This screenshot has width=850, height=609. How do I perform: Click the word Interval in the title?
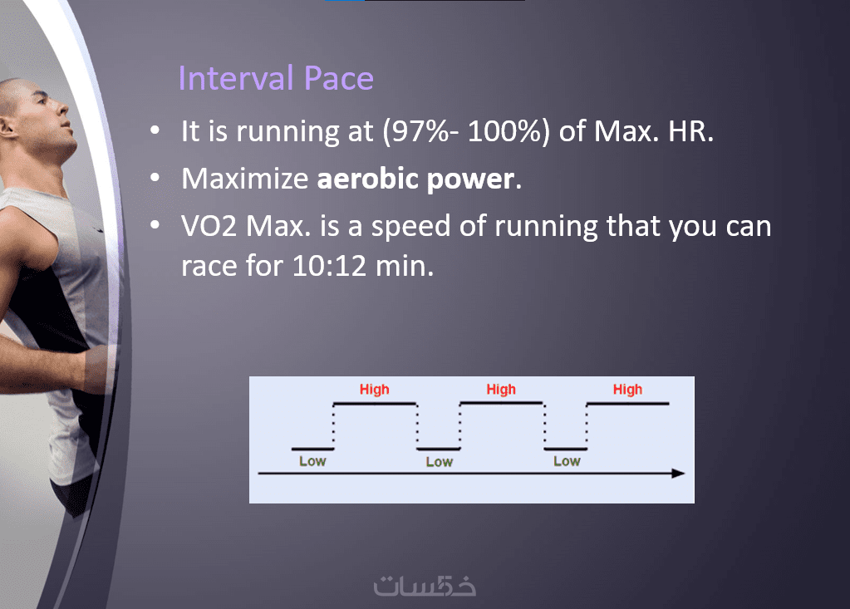(236, 78)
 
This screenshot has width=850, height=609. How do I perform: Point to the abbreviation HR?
(690, 131)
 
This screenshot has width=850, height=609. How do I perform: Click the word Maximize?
(244, 179)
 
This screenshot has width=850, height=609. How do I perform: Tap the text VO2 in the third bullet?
(209, 226)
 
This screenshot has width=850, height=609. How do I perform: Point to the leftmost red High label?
(374, 390)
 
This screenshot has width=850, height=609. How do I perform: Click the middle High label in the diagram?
(501, 390)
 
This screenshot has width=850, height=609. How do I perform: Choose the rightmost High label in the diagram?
(627, 390)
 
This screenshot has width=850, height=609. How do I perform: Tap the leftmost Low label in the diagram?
(312, 461)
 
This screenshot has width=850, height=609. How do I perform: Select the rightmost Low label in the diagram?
(567, 461)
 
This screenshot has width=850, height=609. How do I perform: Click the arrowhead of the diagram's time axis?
(678, 474)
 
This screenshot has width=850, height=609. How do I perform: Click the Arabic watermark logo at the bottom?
(425, 585)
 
